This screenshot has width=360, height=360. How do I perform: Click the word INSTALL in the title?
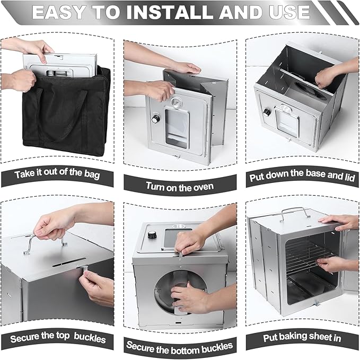pos(170,12)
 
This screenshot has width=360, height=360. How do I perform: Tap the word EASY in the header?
pos(60,12)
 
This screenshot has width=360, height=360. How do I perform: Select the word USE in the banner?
pos(289,12)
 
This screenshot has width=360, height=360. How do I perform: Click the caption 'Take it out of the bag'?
pos(57,174)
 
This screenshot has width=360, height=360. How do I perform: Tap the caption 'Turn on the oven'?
pos(180,187)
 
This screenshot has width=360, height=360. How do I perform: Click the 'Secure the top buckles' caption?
pos(58,338)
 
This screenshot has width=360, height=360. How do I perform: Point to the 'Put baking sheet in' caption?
pos(302,337)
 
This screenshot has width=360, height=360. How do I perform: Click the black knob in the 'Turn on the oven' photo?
pos(155,119)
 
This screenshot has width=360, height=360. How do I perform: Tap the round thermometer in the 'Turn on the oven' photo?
pos(176,103)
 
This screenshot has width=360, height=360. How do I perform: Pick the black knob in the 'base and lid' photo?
pos(267,112)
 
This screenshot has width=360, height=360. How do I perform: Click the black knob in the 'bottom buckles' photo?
pos(152,235)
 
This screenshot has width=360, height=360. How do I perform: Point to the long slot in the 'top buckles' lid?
pos(69,262)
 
